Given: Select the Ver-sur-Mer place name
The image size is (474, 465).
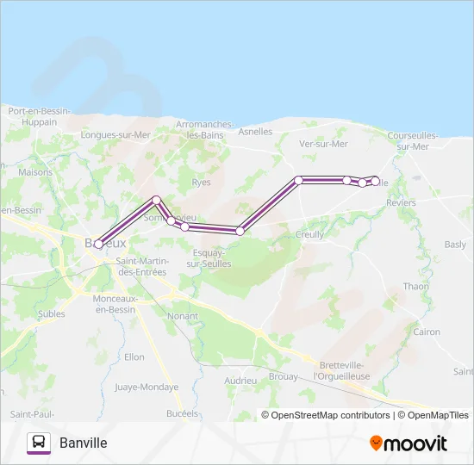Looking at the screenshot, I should pyautogui.click(x=323, y=144).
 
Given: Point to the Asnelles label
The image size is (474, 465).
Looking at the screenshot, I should pyautogui.click(x=254, y=132).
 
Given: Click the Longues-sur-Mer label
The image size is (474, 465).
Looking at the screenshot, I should pyautogui.click(x=115, y=135).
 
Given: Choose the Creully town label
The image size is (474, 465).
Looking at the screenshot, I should pyautogui.click(x=310, y=234).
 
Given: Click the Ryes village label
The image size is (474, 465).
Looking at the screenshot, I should pyautogui.click(x=201, y=183).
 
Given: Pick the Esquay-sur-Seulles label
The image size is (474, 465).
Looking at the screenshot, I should pyautogui.click(x=209, y=258).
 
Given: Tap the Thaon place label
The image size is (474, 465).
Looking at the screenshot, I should pyautogui.click(x=415, y=287).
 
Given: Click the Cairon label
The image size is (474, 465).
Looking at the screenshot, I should pyautogui.click(x=427, y=332).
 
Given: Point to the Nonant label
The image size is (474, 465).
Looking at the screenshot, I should pyautogui.click(x=182, y=316).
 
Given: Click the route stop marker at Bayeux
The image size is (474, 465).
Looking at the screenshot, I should pyautogui.click(x=98, y=244).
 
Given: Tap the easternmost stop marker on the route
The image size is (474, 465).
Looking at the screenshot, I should pyautogui.click(x=375, y=180).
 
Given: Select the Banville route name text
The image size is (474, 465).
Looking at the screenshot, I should pyautogui.click(x=84, y=443).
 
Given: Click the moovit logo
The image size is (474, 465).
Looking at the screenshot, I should pyautogui.click(x=408, y=443).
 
